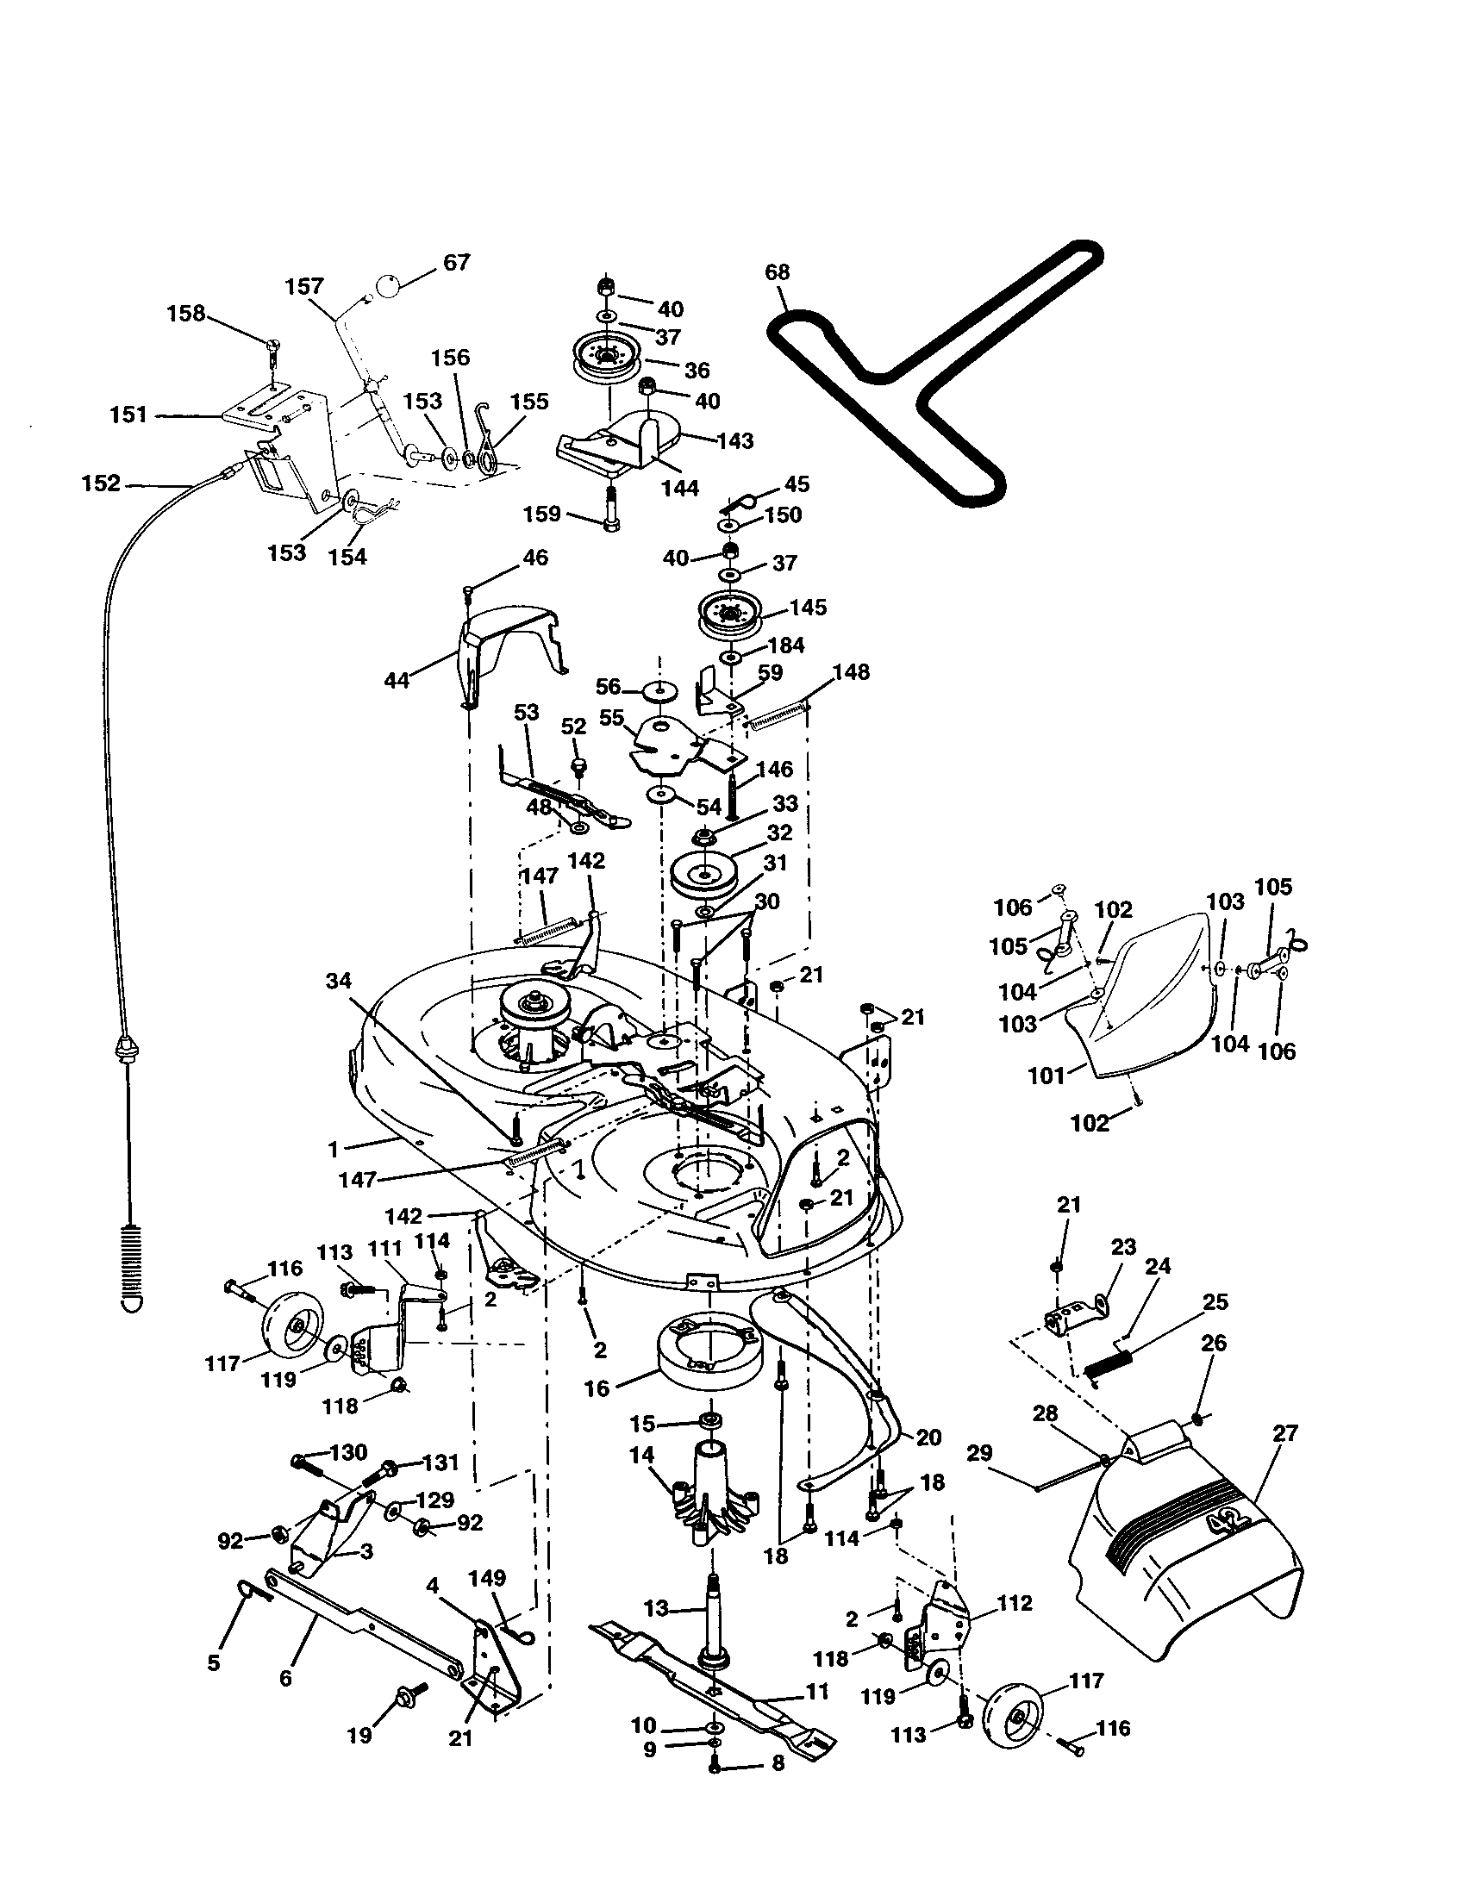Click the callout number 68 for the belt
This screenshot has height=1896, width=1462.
(x=777, y=271)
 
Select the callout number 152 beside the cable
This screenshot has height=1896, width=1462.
(x=101, y=483)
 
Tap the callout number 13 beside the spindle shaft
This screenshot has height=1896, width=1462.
(x=656, y=1609)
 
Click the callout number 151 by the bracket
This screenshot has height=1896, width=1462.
(x=128, y=415)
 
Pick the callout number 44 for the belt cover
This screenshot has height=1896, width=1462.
(x=397, y=681)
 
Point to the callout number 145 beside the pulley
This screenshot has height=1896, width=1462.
(x=809, y=607)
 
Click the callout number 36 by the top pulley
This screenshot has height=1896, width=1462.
(x=697, y=370)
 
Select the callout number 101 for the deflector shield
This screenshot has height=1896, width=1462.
(x=1047, y=1076)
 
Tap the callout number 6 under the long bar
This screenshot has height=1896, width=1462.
(x=285, y=1678)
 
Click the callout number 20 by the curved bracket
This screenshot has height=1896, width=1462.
(x=928, y=1437)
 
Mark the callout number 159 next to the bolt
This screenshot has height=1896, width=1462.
(x=542, y=514)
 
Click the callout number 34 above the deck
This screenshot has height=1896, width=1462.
(x=339, y=981)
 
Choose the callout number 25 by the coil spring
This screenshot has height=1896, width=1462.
(x=1215, y=1302)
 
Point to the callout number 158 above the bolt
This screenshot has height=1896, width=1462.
(x=186, y=313)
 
